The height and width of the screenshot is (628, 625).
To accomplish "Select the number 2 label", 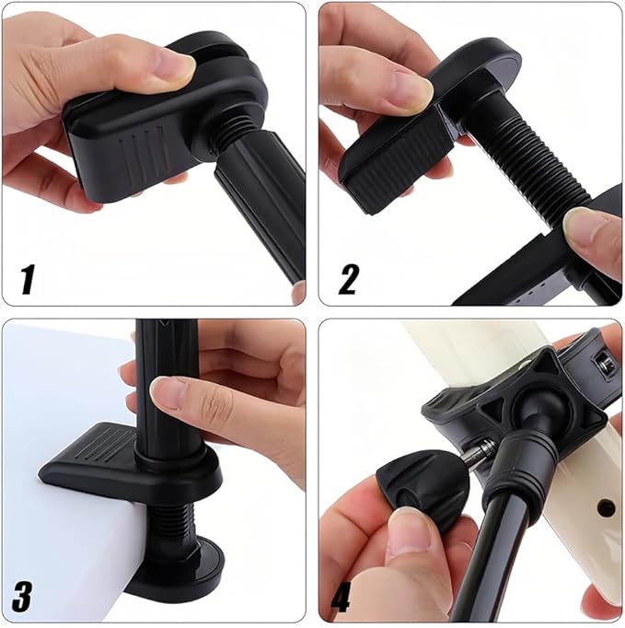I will pos(347,278).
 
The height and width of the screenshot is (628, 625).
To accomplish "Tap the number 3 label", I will pos(23,596).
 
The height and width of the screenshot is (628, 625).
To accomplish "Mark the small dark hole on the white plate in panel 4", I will pos(605,507).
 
